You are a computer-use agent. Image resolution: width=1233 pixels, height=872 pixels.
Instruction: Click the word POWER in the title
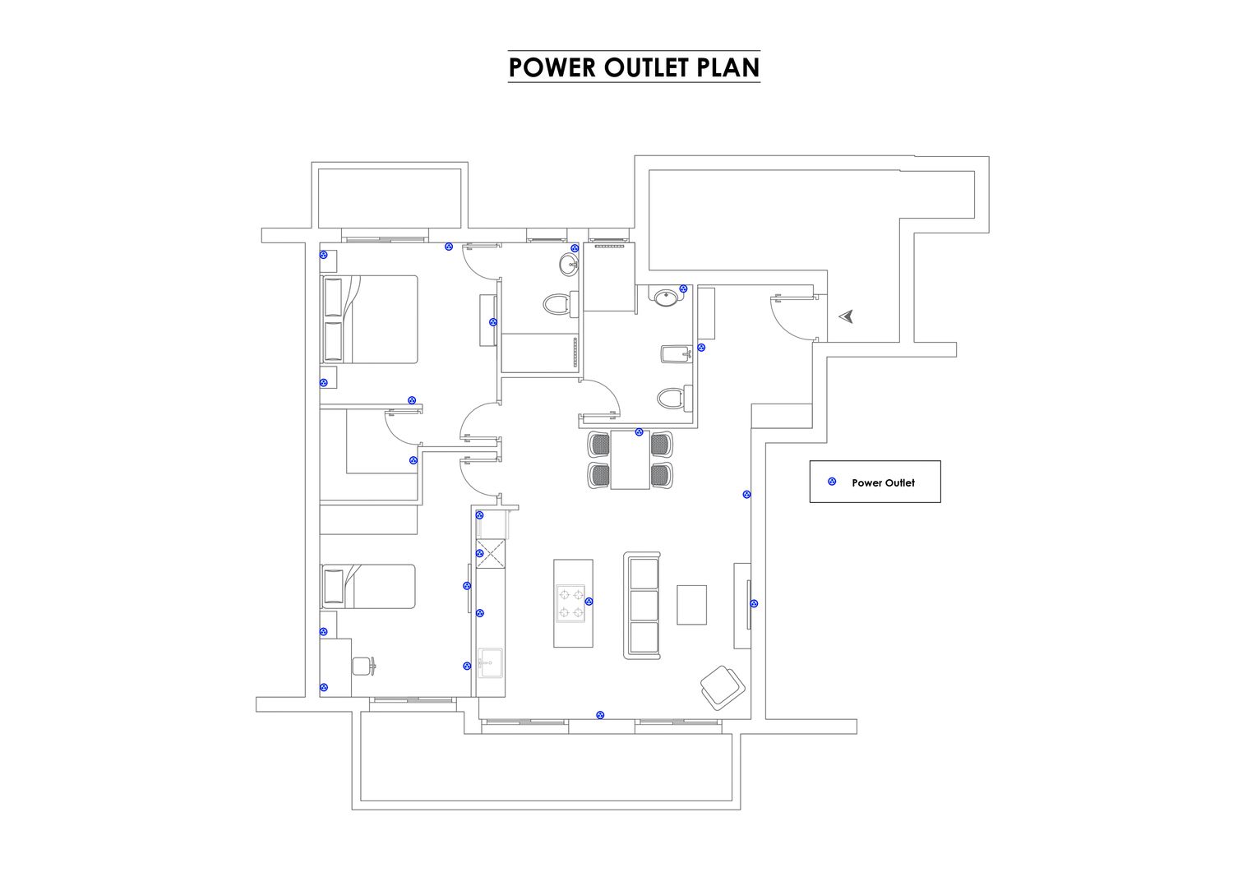552,67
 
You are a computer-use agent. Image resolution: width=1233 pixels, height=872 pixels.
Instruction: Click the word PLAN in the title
728,67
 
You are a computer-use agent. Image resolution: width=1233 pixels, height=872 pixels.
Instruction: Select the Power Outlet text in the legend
883,483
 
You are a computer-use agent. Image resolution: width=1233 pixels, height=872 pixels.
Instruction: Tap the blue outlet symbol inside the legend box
832,482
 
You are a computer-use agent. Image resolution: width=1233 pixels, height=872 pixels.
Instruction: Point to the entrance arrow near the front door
845,316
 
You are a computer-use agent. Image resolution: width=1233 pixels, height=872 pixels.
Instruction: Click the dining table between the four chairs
630,460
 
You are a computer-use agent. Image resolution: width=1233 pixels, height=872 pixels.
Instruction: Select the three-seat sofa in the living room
642,605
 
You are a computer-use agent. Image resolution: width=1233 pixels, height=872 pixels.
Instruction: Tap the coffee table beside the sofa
692,605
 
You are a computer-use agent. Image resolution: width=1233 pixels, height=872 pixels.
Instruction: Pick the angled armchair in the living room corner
723,687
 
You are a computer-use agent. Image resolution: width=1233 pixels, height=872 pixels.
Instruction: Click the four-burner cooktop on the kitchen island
570,603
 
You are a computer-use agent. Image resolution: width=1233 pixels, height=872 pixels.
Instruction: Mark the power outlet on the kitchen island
589,602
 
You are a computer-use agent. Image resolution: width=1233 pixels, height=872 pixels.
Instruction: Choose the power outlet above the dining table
639,431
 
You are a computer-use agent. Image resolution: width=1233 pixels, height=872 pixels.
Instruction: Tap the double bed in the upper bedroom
370,319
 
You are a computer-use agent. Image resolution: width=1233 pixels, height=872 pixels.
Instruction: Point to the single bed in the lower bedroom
368,586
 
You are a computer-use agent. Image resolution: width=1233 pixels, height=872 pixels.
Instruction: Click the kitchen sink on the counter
491,662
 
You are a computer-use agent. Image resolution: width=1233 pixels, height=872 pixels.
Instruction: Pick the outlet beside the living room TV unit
754,604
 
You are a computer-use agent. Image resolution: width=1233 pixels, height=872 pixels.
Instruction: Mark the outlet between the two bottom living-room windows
600,715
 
